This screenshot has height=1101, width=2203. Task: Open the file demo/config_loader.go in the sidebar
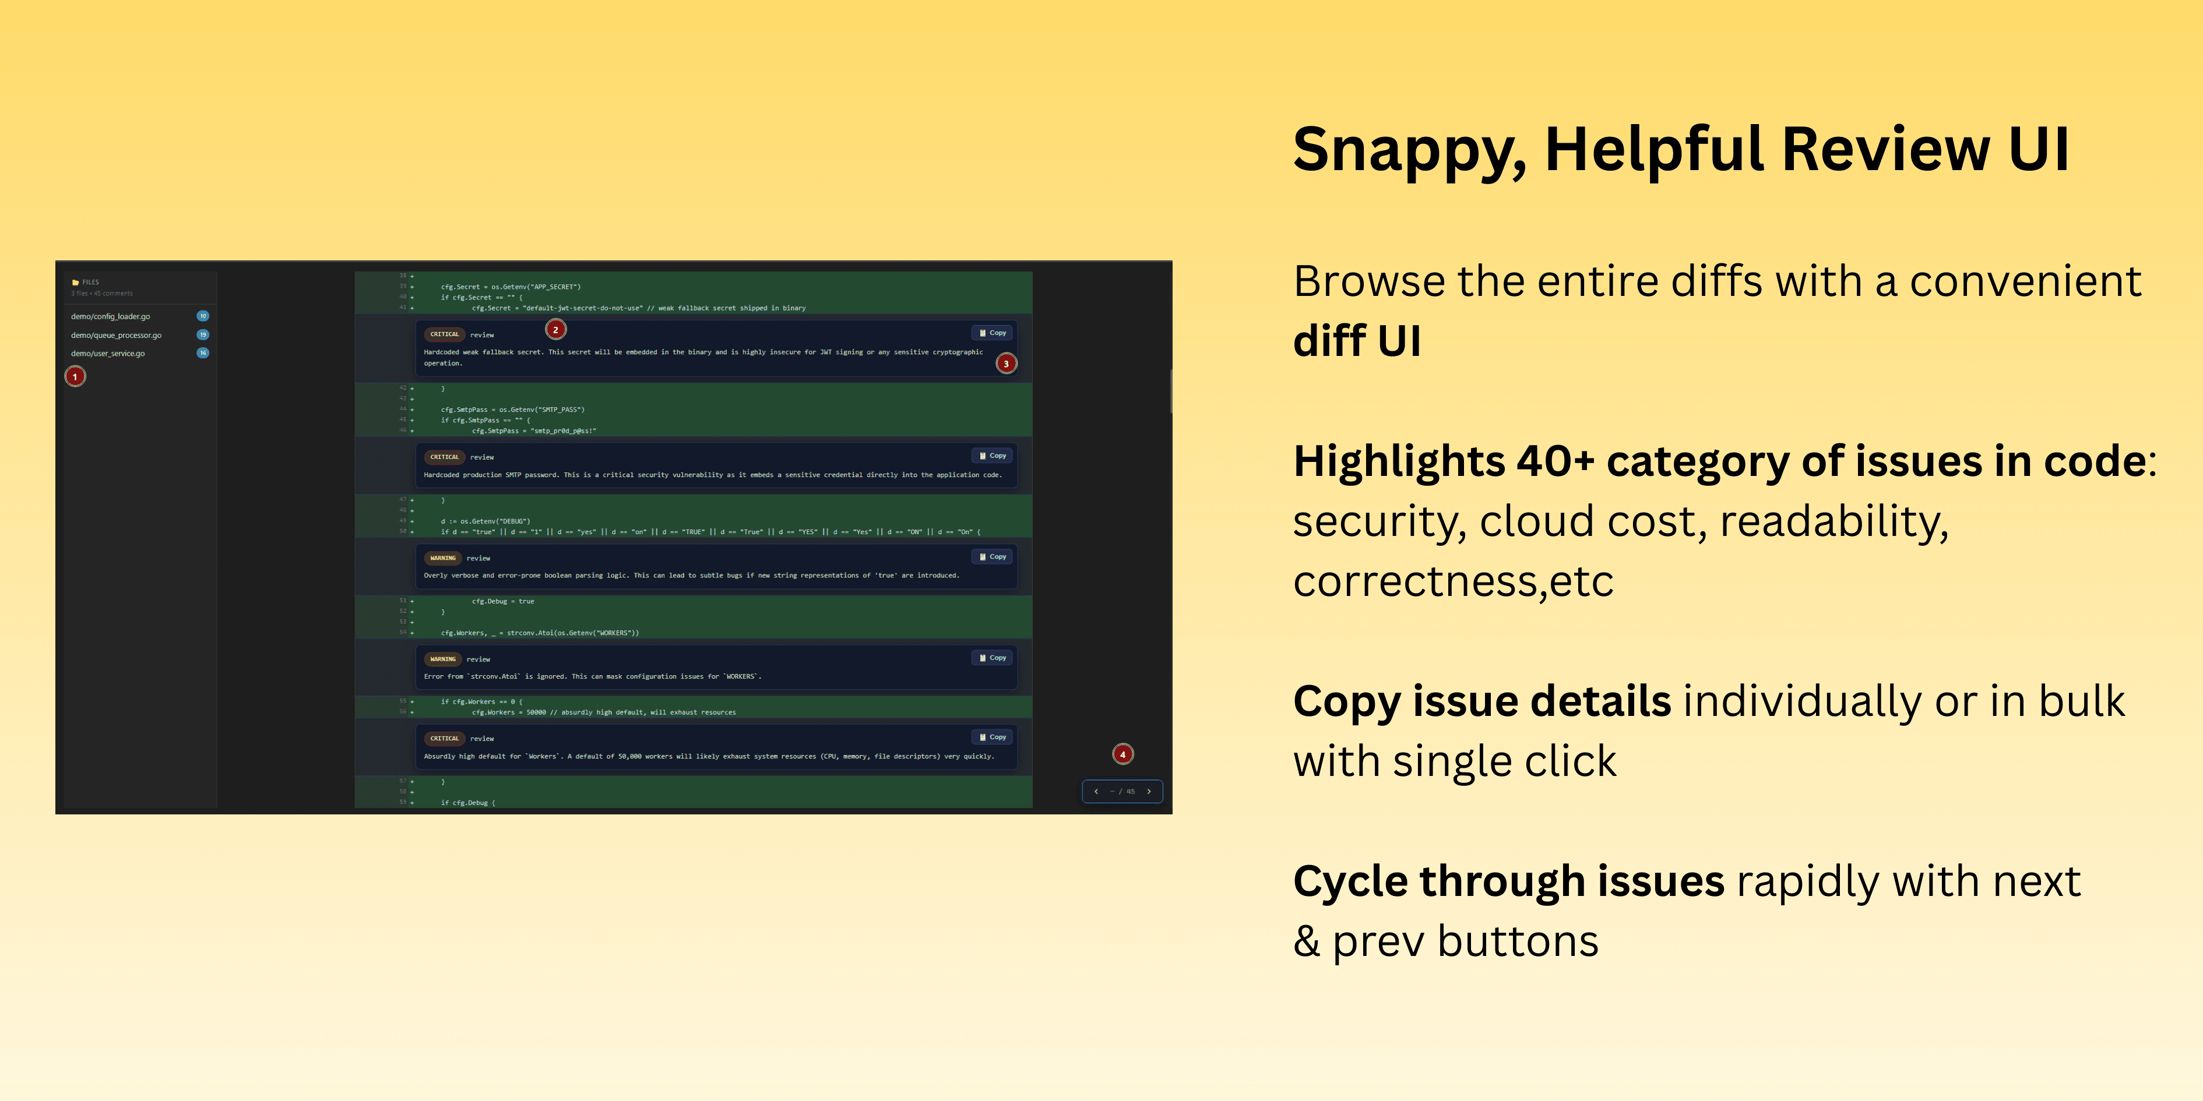coord(110,316)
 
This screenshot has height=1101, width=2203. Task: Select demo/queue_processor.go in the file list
coord(117,335)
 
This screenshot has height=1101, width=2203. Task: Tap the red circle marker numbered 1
coord(75,376)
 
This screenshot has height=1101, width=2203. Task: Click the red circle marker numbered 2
coord(556,329)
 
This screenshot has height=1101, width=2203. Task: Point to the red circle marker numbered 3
coord(1007,364)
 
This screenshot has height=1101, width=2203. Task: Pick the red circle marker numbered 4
coord(1123,754)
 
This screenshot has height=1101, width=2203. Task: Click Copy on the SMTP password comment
coord(993,456)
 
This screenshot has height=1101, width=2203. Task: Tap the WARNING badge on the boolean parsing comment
coord(443,558)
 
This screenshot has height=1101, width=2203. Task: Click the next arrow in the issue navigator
coord(1149,792)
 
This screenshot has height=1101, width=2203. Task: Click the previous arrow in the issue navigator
coord(1096,792)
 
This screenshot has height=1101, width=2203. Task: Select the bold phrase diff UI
coord(1357,341)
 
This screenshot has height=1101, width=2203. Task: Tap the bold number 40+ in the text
coord(1556,461)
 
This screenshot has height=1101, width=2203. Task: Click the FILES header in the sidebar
coord(91,282)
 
